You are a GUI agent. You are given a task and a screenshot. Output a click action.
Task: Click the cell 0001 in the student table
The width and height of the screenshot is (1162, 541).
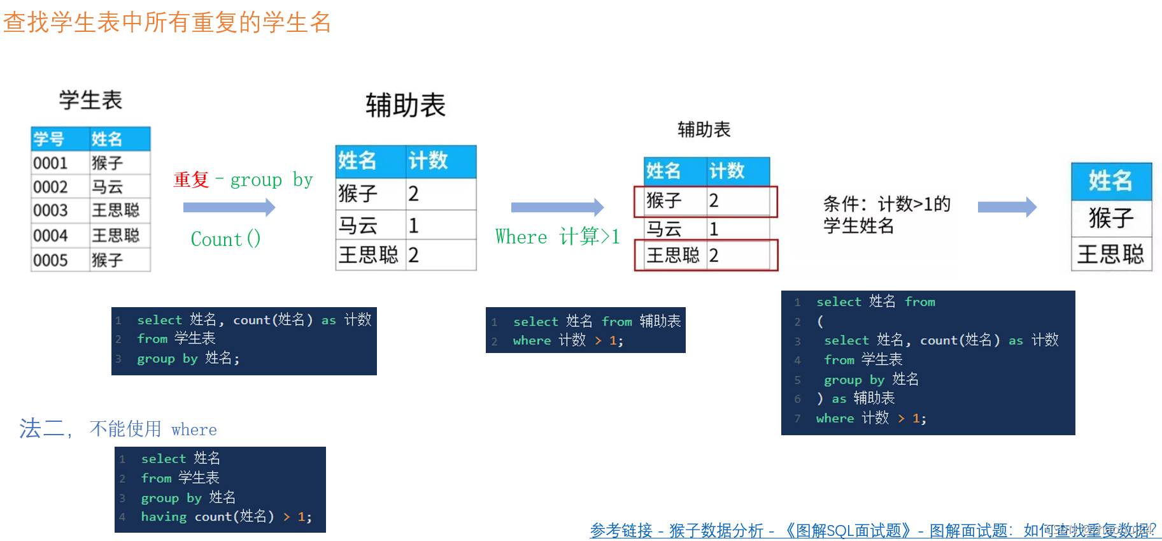[x=51, y=163]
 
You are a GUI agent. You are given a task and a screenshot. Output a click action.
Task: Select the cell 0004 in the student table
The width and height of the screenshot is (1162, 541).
[x=51, y=236]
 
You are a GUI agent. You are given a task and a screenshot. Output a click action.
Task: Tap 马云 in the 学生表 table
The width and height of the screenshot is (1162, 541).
[x=108, y=187]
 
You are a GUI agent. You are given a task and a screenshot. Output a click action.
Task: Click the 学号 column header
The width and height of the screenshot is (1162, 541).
[x=49, y=139]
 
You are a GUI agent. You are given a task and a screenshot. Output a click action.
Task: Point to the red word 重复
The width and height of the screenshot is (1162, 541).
[x=191, y=180]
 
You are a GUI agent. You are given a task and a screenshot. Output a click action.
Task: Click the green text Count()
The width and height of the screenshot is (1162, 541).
[x=225, y=240]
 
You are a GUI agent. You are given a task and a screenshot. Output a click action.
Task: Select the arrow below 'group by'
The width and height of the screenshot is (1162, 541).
[x=229, y=207]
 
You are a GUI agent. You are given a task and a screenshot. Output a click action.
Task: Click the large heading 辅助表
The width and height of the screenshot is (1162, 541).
[x=405, y=105]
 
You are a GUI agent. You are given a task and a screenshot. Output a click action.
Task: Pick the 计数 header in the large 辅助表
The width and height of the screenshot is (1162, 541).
[x=428, y=161]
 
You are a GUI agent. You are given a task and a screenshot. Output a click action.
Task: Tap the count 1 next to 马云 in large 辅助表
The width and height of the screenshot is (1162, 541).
[x=414, y=226]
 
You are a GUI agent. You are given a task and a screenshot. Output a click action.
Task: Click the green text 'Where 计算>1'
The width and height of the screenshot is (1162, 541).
[x=557, y=237]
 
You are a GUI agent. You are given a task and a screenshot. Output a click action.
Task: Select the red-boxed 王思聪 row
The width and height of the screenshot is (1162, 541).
[x=705, y=256]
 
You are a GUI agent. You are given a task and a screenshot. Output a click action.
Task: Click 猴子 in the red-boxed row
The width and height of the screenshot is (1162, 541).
[x=664, y=201]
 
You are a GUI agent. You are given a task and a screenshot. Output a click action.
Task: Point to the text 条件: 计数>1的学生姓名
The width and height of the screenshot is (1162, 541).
[x=886, y=215]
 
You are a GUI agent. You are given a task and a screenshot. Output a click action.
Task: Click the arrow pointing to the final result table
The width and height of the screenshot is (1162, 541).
[x=1007, y=207]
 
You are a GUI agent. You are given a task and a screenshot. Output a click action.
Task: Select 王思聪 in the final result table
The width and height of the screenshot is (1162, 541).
[x=1110, y=254]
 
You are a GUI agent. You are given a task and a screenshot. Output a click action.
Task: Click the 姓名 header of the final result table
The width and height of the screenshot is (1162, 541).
[x=1110, y=181]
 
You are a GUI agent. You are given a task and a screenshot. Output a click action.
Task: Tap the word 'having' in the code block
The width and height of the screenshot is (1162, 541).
[x=164, y=517]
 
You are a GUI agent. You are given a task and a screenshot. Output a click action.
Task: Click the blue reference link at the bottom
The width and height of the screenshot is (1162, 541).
[x=872, y=530]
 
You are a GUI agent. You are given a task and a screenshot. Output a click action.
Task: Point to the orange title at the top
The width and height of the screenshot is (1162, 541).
[x=167, y=22]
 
